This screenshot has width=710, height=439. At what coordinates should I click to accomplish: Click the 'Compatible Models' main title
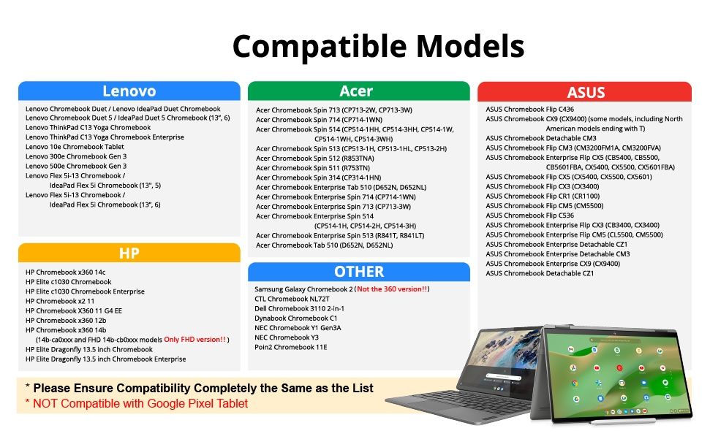point(378,47)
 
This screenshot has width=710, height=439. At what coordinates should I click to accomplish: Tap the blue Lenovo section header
point(129,91)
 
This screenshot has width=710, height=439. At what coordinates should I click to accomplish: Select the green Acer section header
point(358,91)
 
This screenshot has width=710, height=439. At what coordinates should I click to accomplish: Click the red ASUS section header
point(584,92)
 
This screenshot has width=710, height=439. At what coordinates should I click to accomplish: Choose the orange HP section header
point(129,253)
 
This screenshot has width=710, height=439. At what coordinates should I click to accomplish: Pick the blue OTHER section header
point(358,272)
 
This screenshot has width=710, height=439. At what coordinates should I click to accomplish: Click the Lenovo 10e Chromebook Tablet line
point(75,147)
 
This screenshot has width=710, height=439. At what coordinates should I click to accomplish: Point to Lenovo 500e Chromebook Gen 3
point(76,166)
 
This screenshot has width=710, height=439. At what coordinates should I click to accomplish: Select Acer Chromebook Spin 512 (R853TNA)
point(315,159)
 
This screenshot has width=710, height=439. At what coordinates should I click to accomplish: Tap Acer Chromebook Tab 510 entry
point(324,245)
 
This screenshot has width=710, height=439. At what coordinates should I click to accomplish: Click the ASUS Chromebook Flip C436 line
point(530,109)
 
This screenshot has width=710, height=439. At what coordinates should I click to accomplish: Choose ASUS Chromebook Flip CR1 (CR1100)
point(543,196)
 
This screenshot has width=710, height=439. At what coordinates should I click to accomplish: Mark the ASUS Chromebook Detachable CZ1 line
point(540,273)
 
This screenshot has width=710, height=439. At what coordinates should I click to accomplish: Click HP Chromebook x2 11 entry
point(60,301)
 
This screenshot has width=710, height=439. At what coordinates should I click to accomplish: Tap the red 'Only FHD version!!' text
point(195,340)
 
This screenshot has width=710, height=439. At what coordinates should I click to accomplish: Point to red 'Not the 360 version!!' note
point(392,289)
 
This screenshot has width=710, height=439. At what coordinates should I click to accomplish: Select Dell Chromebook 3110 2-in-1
point(299,308)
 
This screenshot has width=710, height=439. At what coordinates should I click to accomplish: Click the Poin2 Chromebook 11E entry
point(291,347)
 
